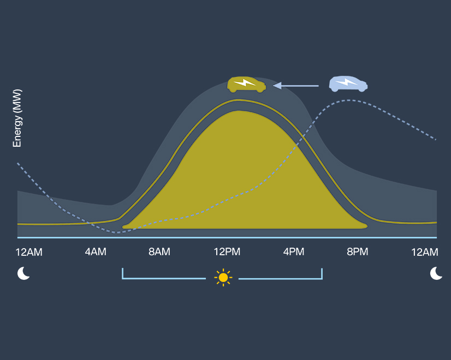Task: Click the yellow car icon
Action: (246, 84)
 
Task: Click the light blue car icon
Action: (348, 83)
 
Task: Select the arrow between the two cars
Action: (295, 85)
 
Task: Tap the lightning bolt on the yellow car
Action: (245, 83)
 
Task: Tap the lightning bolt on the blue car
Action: (346, 83)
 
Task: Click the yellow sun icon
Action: (223, 277)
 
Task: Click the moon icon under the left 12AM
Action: (23, 273)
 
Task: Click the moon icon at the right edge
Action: (436, 273)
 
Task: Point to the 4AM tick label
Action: (96, 252)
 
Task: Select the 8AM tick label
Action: (159, 252)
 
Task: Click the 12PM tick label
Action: (227, 252)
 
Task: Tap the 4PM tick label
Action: (294, 252)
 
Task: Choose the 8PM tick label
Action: (357, 252)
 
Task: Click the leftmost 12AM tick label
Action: (29, 252)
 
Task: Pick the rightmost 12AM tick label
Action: (425, 252)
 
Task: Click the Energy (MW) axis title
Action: (17, 118)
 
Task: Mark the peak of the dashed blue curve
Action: (348, 100)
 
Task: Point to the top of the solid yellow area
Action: (239, 111)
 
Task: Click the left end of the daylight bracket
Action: (123, 273)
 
